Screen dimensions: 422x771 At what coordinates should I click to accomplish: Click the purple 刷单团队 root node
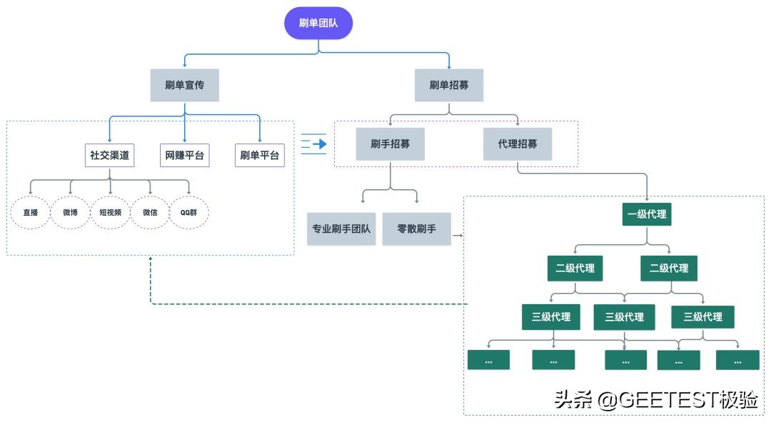click(318, 24)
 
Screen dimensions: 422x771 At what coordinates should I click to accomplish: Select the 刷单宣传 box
click(184, 85)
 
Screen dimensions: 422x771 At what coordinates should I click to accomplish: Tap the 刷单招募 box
click(449, 85)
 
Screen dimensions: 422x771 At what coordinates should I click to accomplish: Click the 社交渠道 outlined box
click(109, 155)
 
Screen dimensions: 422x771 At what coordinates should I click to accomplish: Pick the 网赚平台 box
click(184, 155)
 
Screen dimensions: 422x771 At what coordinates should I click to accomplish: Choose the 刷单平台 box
click(259, 155)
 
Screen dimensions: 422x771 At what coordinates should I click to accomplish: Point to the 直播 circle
click(30, 212)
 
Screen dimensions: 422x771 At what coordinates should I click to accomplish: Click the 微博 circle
click(70, 212)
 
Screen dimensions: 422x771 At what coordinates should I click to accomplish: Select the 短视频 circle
click(110, 212)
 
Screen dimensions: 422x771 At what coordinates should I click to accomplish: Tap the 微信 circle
click(150, 212)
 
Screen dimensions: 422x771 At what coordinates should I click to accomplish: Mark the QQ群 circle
click(189, 212)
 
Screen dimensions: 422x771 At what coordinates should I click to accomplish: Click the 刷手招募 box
click(390, 144)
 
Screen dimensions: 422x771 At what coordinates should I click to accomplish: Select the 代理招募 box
click(518, 144)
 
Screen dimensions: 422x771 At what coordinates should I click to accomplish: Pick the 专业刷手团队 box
click(341, 229)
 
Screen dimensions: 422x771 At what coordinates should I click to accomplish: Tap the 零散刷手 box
click(416, 229)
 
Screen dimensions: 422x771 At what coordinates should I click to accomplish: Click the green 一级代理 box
click(647, 213)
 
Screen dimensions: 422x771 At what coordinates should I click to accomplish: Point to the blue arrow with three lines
click(313, 144)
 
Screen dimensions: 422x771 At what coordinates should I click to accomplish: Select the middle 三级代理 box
click(625, 317)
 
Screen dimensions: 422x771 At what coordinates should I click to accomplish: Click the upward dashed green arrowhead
click(151, 259)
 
